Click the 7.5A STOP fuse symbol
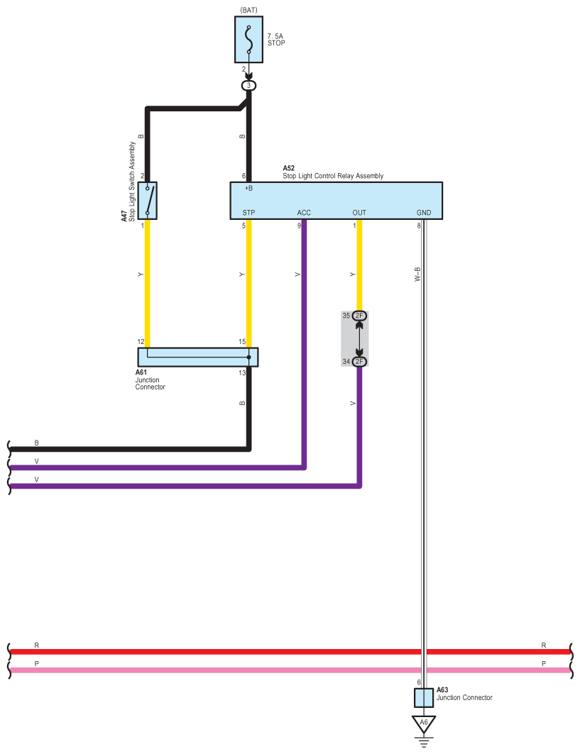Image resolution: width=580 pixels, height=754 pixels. pyautogui.click(x=248, y=40)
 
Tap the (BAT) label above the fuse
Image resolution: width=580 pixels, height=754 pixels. pyautogui.click(x=248, y=10)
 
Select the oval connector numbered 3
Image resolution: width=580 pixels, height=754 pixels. pyautogui.click(x=248, y=85)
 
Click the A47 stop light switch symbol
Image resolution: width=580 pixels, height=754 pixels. pyautogui.click(x=148, y=200)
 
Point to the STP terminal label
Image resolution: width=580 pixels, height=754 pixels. pyautogui.click(x=248, y=213)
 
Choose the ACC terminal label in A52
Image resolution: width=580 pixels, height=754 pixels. pyautogui.click(x=304, y=213)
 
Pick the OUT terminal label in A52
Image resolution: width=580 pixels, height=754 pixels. pyautogui.click(x=359, y=213)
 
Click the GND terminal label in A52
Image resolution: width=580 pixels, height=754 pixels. pyautogui.click(x=423, y=213)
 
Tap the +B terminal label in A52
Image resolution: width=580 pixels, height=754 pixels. pyautogui.click(x=248, y=189)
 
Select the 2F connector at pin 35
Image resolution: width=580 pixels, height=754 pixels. pyautogui.click(x=359, y=316)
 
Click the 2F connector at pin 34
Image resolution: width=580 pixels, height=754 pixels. pyautogui.click(x=359, y=362)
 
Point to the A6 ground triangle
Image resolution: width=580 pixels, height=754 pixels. pyautogui.click(x=424, y=723)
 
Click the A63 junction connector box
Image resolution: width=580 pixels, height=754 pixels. pyautogui.click(x=424, y=697)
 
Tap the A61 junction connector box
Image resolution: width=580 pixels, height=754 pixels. pyautogui.click(x=197, y=357)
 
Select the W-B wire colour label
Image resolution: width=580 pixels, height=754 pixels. pyautogui.click(x=417, y=275)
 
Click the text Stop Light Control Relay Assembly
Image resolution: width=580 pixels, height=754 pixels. pyautogui.click(x=333, y=176)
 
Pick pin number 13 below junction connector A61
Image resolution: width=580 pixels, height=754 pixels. pyautogui.click(x=242, y=373)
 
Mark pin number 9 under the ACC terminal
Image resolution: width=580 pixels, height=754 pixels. pyautogui.click(x=299, y=226)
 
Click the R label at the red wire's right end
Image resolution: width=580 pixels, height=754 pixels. pyautogui.click(x=544, y=645)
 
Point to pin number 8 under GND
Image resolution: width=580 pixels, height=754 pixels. pyautogui.click(x=419, y=226)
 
